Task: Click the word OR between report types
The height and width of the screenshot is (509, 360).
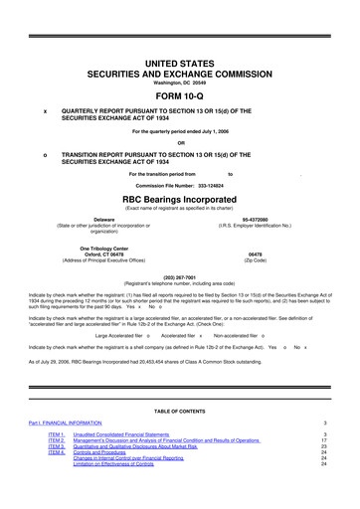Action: point(180,140)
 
